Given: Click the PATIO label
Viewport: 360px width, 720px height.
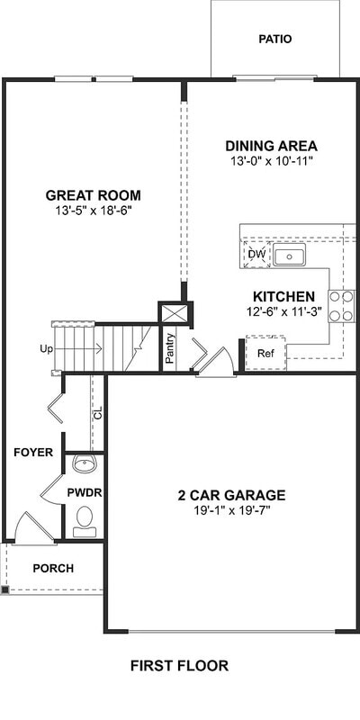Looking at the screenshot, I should (275, 39).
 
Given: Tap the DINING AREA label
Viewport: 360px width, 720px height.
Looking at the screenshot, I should (271, 146).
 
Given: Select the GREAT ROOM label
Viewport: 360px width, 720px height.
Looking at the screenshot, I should (94, 195).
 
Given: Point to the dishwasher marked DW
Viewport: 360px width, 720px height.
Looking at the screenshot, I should (256, 256).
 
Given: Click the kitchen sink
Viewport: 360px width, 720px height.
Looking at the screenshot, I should (289, 256).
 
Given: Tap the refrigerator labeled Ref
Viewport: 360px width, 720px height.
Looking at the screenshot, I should (265, 353).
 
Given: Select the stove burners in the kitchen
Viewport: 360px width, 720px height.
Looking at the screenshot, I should (341, 306).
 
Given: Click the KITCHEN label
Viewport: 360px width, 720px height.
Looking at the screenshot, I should (283, 296).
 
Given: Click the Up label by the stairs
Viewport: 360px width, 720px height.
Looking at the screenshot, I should (46, 348).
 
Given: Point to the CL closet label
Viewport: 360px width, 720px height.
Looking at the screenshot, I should (98, 413).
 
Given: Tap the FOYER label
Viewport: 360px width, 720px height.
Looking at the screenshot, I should (33, 452).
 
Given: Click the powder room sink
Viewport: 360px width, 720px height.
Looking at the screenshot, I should (85, 464).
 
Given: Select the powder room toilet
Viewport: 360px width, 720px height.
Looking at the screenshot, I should (85, 519).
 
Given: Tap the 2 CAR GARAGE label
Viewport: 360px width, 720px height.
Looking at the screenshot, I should (231, 495).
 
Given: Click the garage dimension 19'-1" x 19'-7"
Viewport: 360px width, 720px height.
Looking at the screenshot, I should (231, 509).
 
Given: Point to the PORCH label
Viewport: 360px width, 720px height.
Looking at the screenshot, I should (53, 568).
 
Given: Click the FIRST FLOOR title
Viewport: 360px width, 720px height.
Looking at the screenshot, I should (179, 666).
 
